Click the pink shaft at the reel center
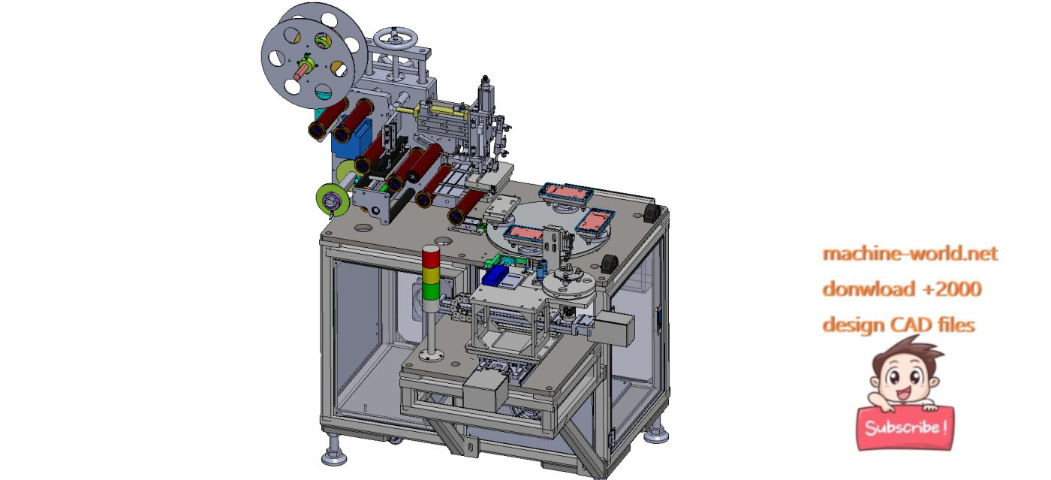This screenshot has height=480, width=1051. (301, 72)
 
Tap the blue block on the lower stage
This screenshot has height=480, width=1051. (494, 275)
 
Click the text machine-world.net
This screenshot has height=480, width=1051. (910, 254)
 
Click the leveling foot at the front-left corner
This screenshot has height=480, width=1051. (333, 454)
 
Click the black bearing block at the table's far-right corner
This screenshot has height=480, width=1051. (652, 216)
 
